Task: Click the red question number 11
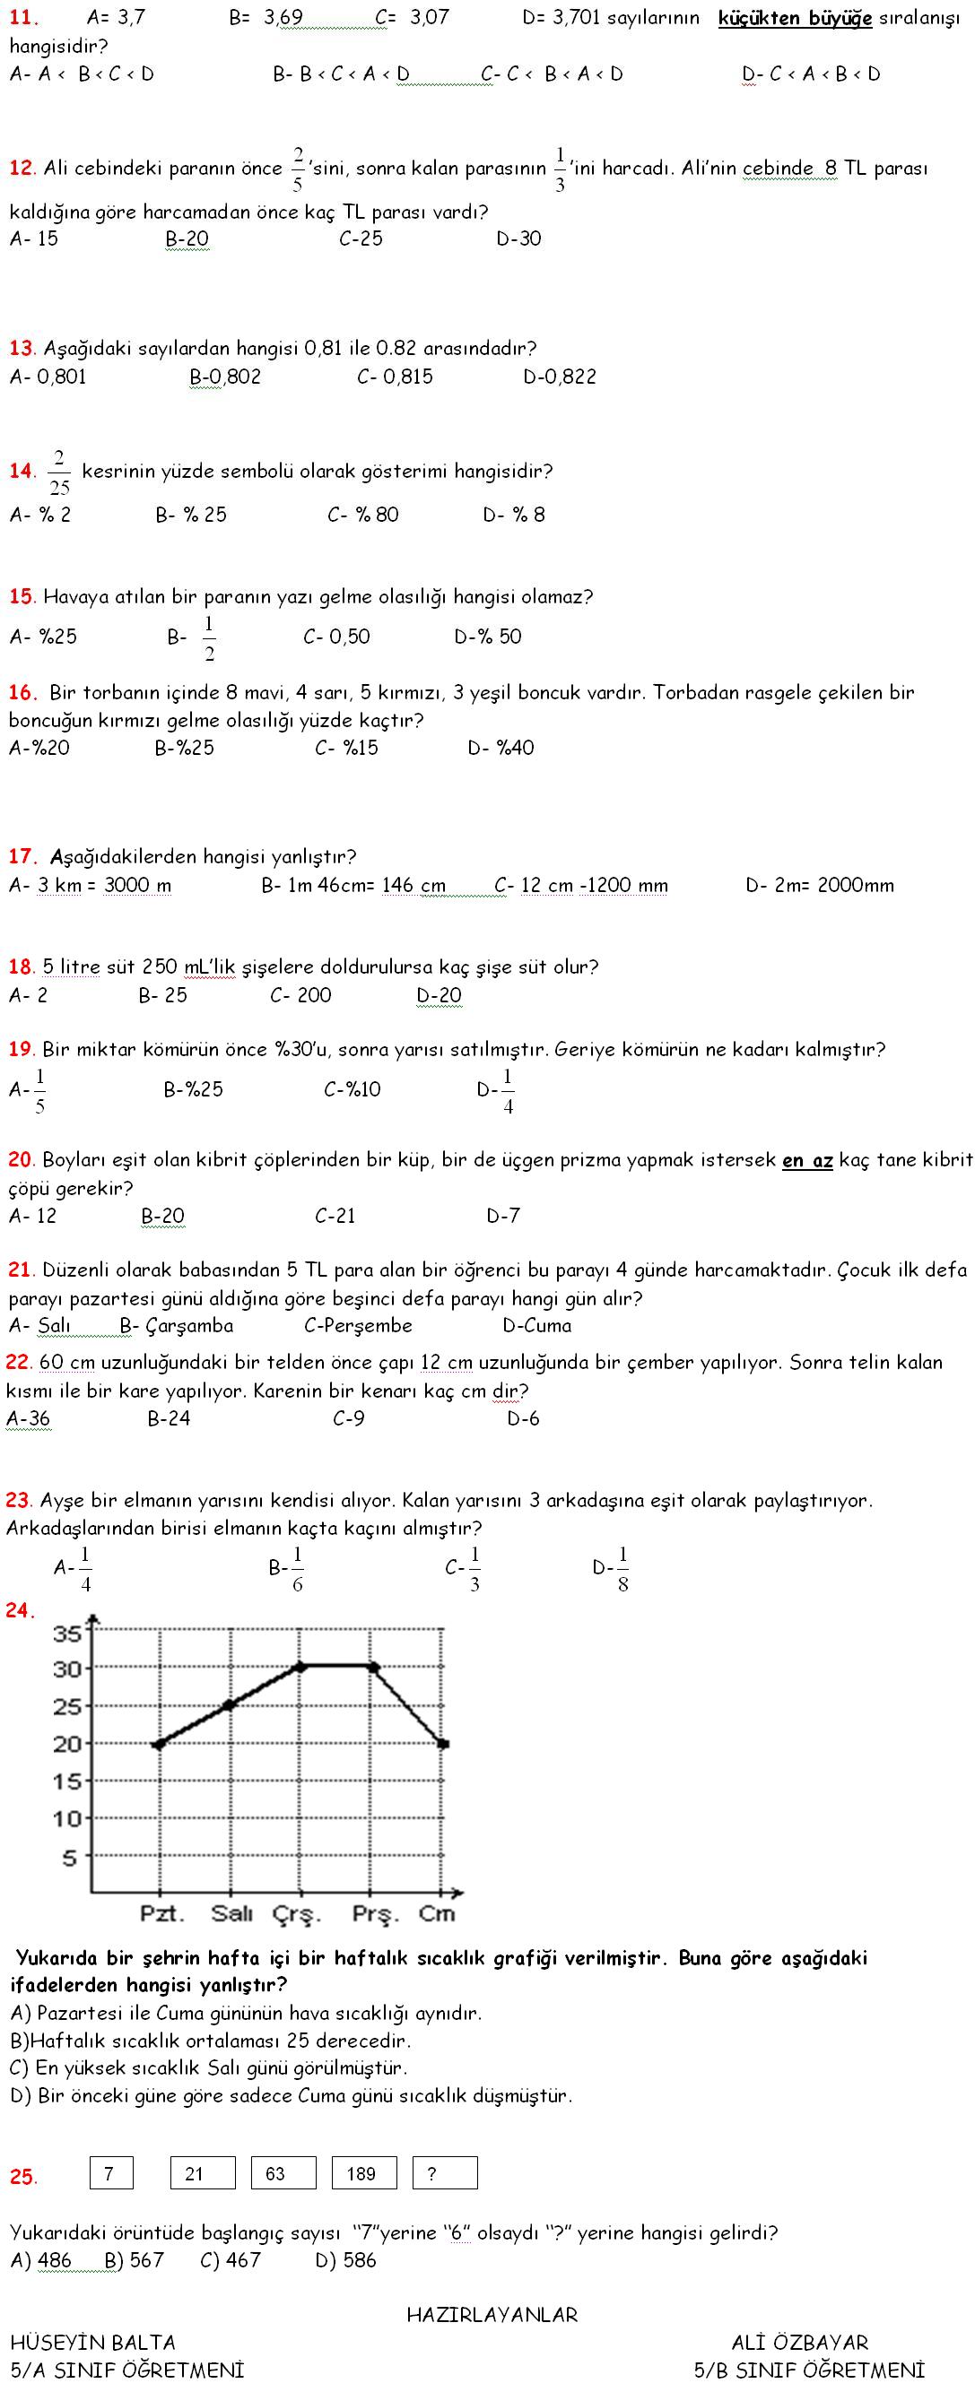(x=23, y=18)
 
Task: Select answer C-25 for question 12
(x=361, y=238)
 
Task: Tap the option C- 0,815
(x=395, y=377)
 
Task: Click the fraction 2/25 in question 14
(x=58, y=472)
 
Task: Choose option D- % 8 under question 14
(x=513, y=515)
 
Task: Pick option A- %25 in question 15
(x=43, y=637)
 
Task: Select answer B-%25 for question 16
(x=184, y=748)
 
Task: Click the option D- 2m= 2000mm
(x=819, y=886)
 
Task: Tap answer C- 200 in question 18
(x=300, y=995)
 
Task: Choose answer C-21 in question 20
(x=335, y=1216)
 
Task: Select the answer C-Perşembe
(x=358, y=1326)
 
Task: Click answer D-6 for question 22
(x=523, y=1419)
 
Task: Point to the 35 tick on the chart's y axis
(x=68, y=1633)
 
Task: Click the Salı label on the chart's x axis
(x=231, y=1913)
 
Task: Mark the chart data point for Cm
(x=443, y=1743)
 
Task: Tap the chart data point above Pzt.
(x=159, y=1744)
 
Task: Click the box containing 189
(x=364, y=2174)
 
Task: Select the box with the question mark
(x=445, y=2174)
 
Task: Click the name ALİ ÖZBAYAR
(x=799, y=2343)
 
